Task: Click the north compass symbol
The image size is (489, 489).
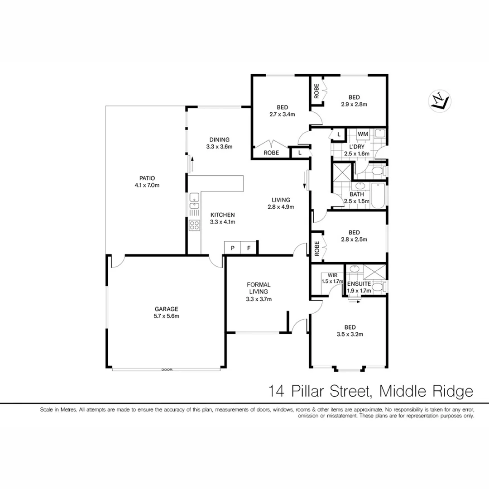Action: point(439,101)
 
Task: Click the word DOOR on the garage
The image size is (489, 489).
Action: point(167,370)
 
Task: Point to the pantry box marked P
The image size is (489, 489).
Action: point(232,248)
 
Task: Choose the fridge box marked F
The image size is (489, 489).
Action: point(248,248)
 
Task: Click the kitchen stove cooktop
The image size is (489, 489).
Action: point(194,225)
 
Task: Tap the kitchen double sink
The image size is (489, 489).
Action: point(194,201)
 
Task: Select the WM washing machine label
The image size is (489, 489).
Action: point(363,134)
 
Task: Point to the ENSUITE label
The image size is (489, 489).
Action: point(359,284)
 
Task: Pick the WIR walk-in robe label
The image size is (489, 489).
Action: point(332,275)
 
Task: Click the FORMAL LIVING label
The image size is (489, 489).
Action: point(259,288)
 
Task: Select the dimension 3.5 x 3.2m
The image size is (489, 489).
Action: point(350,334)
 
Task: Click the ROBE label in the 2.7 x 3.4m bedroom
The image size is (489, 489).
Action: point(271,153)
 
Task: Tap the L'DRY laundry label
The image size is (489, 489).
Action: point(357,147)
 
